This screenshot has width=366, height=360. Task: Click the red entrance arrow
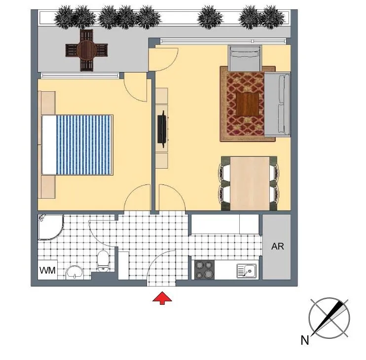coord(162,298)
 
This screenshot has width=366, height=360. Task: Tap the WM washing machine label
coord(48,270)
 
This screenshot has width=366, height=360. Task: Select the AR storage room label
coord(278,247)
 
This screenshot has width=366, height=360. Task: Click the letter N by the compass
coord(305,340)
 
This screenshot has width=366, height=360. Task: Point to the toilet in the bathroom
coord(103,261)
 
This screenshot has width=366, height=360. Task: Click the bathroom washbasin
coord(74,272)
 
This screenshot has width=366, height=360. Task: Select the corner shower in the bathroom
coord(50,227)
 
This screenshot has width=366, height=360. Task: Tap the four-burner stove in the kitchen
coord(205,269)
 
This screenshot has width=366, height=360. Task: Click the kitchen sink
coord(247,271)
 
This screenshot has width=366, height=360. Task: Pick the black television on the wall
coord(163,129)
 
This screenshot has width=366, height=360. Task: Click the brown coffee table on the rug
coord(248,104)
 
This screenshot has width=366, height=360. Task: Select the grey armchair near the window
coord(245,58)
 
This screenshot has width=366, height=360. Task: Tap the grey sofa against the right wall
coord(277,104)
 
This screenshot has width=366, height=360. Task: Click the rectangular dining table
coord(250,183)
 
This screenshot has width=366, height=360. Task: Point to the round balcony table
coord(86,50)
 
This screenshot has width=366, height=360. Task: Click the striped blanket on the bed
coord(83,145)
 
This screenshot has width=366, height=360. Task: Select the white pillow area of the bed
coord(49,145)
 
